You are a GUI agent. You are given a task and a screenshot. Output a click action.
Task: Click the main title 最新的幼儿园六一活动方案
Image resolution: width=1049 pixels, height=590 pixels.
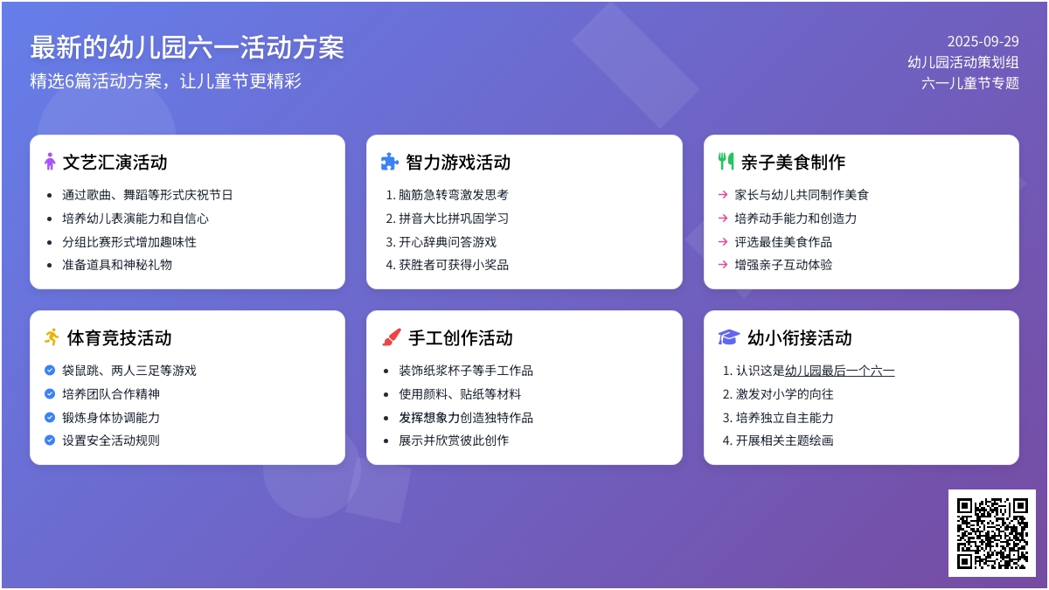tap(187, 47)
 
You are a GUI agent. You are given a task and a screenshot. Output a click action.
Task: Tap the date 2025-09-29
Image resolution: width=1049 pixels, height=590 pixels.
tap(983, 42)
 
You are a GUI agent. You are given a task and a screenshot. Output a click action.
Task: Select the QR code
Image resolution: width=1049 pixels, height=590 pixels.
tap(992, 533)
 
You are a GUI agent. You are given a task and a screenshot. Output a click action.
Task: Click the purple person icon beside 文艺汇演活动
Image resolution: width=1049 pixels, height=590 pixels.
tap(50, 162)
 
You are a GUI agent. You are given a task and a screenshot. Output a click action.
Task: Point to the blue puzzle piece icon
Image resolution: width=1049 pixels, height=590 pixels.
tap(390, 162)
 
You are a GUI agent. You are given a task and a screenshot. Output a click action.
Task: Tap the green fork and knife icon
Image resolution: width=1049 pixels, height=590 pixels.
tap(726, 162)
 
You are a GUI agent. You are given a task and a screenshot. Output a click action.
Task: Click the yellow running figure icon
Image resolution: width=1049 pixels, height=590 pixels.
tap(52, 337)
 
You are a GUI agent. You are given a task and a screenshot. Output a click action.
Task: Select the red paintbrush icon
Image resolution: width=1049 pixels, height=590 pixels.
tap(391, 337)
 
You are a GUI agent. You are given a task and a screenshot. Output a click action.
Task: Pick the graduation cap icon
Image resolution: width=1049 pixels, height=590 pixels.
tap(729, 337)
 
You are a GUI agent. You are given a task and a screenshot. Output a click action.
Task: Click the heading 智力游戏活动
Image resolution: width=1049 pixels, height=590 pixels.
tap(458, 162)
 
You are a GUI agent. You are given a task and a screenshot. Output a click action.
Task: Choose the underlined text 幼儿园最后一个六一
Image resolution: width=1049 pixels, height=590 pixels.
tap(840, 371)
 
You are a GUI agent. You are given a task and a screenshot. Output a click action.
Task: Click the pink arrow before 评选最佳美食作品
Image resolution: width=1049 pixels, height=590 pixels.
tap(723, 241)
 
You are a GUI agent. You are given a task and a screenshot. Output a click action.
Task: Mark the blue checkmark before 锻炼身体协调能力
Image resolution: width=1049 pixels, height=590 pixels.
tap(50, 417)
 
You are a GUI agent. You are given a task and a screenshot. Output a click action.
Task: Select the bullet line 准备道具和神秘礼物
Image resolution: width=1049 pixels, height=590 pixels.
tap(117, 265)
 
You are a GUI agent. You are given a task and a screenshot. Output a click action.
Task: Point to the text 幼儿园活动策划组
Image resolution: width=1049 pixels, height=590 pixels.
tap(963, 62)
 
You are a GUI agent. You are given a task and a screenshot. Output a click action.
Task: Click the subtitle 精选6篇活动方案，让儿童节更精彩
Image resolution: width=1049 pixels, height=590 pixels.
tap(166, 81)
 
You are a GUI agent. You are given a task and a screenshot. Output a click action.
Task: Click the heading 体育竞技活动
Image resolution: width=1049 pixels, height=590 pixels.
tap(120, 337)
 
